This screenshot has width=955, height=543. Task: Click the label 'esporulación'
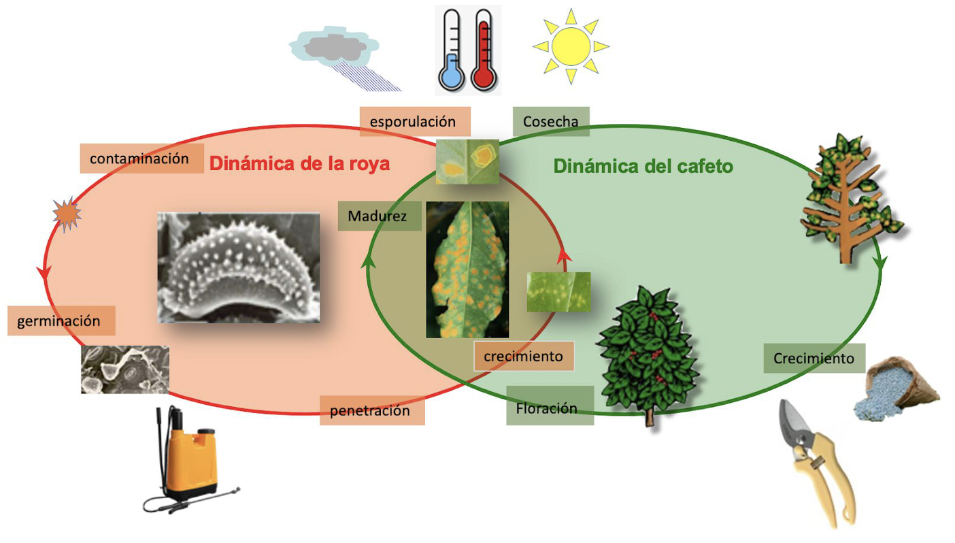tap(415, 122)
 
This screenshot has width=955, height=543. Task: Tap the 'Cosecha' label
tap(551, 122)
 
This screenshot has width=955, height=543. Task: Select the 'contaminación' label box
tap(141, 159)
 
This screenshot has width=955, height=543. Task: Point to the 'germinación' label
tap(61, 320)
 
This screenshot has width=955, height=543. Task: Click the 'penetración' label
tap(372, 410)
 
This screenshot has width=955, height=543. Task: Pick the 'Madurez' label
tap(380, 216)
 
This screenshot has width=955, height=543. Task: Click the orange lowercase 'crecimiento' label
tap(524, 356)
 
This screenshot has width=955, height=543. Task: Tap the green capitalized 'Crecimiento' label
tap(814, 359)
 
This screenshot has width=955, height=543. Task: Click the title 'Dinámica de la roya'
tap(299, 164)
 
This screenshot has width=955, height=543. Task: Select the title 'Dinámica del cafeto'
tap(643, 166)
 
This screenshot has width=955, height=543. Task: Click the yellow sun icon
tap(571, 46)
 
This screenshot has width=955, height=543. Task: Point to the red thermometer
tap(484, 50)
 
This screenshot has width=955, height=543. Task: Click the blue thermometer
tap(452, 50)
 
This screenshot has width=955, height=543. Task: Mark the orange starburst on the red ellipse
tap(67, 214)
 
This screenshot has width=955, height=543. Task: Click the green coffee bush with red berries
tap(647, 354)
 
